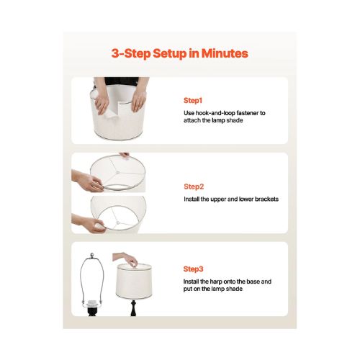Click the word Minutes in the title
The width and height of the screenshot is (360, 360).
click(225, 53)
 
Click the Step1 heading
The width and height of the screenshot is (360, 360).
click(193, 100)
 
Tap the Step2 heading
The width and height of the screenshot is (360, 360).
click(194, 186)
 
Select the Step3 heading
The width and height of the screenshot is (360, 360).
click(193, 269)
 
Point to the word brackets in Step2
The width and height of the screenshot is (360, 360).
click(266, 199)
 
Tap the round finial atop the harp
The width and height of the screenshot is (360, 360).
click(92, 256)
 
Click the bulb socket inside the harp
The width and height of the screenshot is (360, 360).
click(91, 305)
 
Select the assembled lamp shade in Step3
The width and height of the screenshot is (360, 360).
click(134, 281)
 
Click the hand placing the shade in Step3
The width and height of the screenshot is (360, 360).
click(126, 259)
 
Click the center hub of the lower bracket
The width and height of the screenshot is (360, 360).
click(118, 223)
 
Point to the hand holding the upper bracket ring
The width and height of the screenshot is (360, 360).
click(88, 181)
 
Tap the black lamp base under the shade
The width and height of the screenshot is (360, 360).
click(133, 307)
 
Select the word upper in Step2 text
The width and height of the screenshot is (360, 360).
click(218, 199)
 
